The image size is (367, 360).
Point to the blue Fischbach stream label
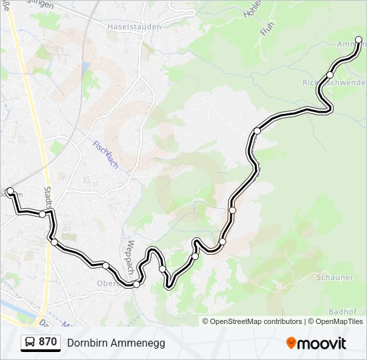coord(105,154)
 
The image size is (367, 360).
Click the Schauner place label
coord(335,277)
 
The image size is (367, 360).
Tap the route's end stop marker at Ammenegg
coord(359,41)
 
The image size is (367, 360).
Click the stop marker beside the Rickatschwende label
coord(330,75)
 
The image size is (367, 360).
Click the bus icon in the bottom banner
coord(30,342)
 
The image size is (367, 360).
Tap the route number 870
coord(47,342)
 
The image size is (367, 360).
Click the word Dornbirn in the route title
coord(88,343)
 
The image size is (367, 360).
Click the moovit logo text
coord(323,343)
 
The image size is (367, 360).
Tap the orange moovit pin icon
coord(291,343)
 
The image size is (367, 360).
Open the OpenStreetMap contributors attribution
coord(256,321)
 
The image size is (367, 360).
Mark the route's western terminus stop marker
coord(10,191)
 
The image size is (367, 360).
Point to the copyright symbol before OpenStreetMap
coord(206,321)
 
